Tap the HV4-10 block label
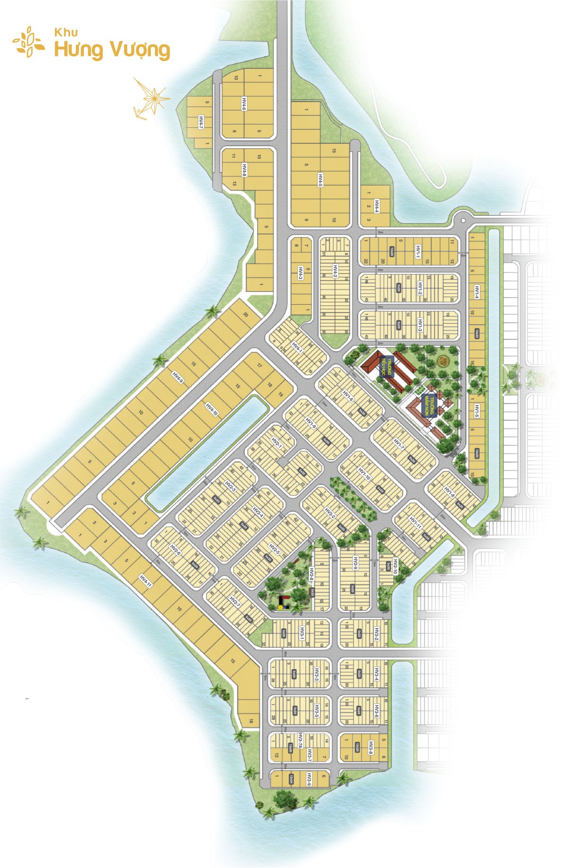coord(212,409)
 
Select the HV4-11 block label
coord(145,581)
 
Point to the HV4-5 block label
coord(320,180)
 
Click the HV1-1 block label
coord(418,251)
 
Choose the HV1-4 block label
coord(477,292)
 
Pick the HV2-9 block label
coord(355,564)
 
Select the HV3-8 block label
coord(371,747)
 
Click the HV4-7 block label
coord(201,122)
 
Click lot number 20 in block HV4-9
coord(245,315)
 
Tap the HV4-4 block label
coord(377,206)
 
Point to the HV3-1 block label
coord(302,632)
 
